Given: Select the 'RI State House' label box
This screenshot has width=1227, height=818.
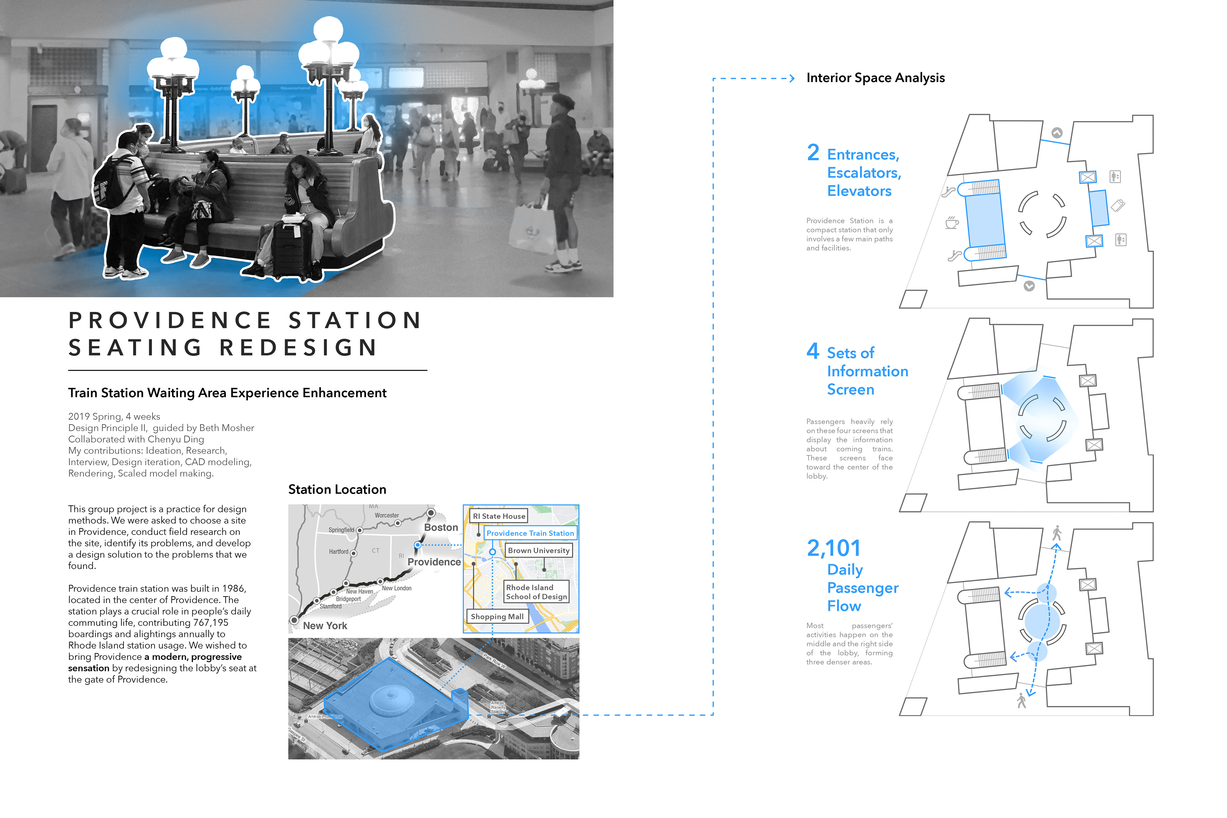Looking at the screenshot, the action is pyautogui.click(x=499, y=516).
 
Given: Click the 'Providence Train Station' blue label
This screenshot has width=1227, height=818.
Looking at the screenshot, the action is pyautogui.click(x=530, y=533).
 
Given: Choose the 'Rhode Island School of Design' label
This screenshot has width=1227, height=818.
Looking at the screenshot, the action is pyautogui.click(x=536, y=591).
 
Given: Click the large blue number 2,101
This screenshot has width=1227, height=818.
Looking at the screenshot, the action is pyautogui.click(x=833, y=548).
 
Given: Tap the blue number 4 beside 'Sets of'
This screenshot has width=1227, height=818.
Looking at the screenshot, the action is pyautogui.click(x=812, y=351).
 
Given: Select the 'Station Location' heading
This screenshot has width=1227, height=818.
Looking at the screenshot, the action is pyautogui.click(x=337, y=489).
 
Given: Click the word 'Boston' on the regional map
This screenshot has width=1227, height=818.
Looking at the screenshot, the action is pyautogui.click(x=441, y=528).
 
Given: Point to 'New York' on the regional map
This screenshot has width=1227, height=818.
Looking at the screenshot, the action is pyautogui.click(x=325, y=626).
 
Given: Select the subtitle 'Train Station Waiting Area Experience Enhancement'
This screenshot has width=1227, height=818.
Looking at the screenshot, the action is pyautogui.click(x=227, y=393).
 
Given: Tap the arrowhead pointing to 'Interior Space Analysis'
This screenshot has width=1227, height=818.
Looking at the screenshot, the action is pyautogui.click(x=792, y=78).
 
